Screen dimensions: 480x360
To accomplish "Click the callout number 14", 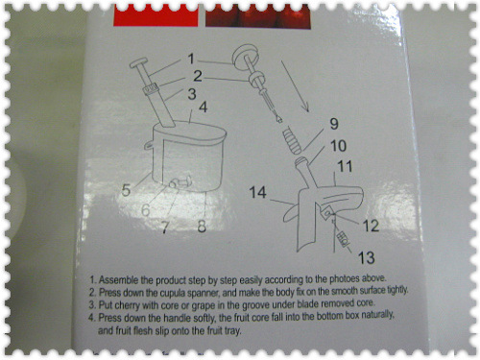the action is pos(257,192).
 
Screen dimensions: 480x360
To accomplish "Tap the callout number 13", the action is pos(366,257).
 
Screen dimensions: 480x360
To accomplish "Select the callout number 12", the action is pos(371,226).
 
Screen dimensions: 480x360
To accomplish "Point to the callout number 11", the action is pos(345,166).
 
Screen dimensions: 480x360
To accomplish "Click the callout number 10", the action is pos(338,146).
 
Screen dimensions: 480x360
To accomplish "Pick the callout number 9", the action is pos(334,124).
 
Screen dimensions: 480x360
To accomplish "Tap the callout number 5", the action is pos(126,190).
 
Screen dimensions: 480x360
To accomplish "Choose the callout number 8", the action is pos(202,226).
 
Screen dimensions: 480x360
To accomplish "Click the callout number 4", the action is pos(204,108).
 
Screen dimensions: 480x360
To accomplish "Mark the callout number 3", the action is pos(192,94).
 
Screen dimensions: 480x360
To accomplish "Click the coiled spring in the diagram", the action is pos(292,140).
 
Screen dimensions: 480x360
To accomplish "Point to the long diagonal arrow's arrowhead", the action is pos(305,107).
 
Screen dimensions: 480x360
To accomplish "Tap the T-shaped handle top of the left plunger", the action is pos(138,62).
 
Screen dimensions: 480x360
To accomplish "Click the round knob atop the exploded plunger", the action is pos(245,58).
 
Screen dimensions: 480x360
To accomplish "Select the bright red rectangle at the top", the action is pos(156,15).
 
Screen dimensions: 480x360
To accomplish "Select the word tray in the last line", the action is pos(232,330).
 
